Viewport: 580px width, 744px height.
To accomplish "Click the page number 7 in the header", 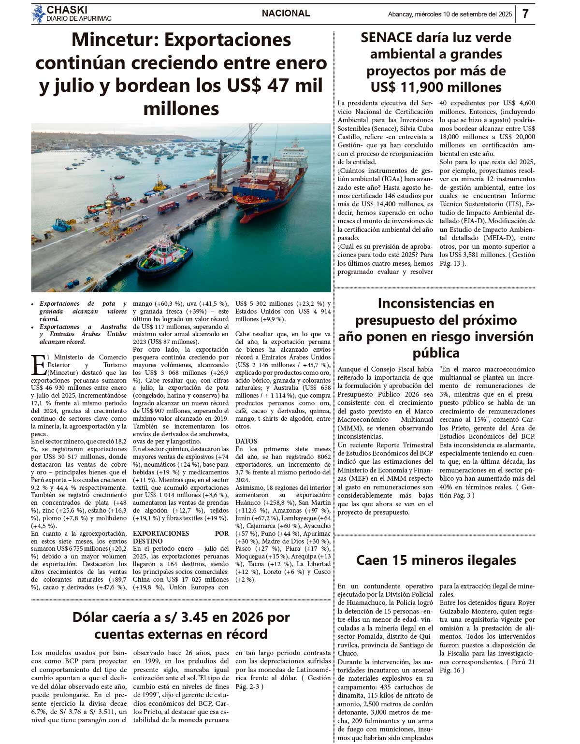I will [x=525, y=14].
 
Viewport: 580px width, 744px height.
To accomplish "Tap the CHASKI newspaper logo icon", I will [x=38, y=14].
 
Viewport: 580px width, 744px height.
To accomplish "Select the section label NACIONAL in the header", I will [x=286, y=14].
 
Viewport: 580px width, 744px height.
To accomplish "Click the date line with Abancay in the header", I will [x=449, y=14].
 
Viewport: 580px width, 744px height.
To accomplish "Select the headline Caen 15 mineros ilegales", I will [x=435, y=560].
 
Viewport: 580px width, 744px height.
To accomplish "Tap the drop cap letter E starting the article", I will [x=39, y=366].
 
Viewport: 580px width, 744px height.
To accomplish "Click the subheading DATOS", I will [x=246, y=441].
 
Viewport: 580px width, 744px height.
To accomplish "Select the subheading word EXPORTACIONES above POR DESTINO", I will [x=161, y=533].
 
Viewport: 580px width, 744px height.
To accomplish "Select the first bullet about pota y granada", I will [x=83, y=311].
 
